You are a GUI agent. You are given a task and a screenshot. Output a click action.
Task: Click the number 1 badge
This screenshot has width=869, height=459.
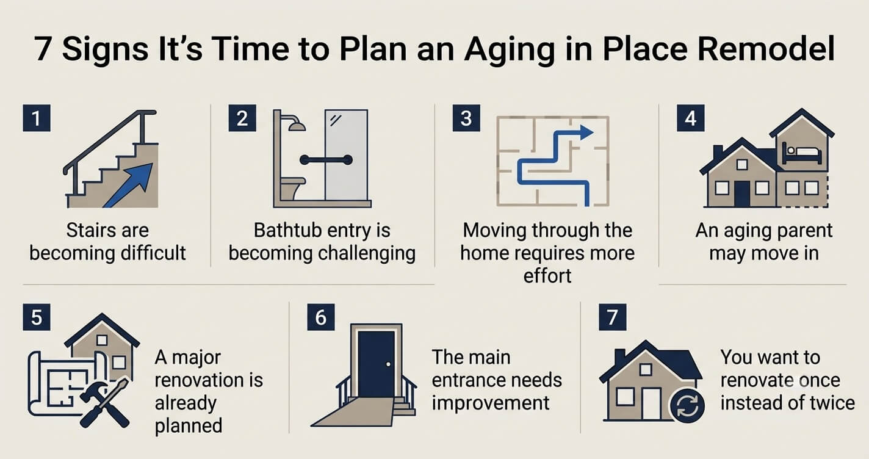coord(37,118)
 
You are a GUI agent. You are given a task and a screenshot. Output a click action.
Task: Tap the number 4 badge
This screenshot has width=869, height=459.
coord(691,118)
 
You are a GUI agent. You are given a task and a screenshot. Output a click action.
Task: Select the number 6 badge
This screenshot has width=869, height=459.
coord(321,317)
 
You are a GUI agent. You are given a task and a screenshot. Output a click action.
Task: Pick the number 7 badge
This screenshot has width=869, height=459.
coord(612,317)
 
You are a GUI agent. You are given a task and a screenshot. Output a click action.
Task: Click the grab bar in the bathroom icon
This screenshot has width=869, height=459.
coord(326,159)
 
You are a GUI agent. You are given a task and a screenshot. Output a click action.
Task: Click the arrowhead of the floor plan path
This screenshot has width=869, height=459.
coord(586,132)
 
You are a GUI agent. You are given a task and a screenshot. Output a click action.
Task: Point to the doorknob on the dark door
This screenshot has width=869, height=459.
coord(388,364)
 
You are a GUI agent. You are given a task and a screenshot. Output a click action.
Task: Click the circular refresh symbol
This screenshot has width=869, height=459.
coord(687,405)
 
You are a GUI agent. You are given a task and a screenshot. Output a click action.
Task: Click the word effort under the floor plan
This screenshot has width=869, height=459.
coord(547,276)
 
